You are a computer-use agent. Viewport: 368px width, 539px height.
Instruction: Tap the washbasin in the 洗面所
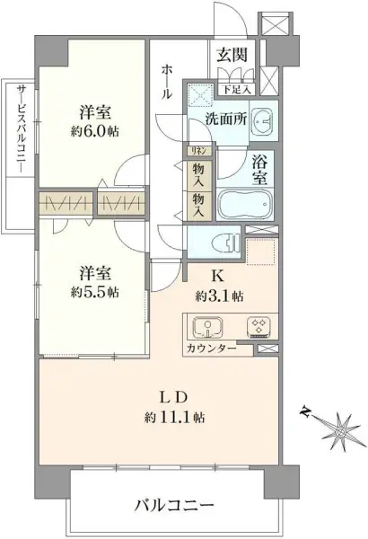(x=261, y=120)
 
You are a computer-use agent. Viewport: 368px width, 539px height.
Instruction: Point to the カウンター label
(x=211, y=348)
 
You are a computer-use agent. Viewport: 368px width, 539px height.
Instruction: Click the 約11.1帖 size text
(x=175, y=417)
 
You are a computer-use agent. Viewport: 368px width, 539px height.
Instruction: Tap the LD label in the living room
(x=174, y=395)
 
